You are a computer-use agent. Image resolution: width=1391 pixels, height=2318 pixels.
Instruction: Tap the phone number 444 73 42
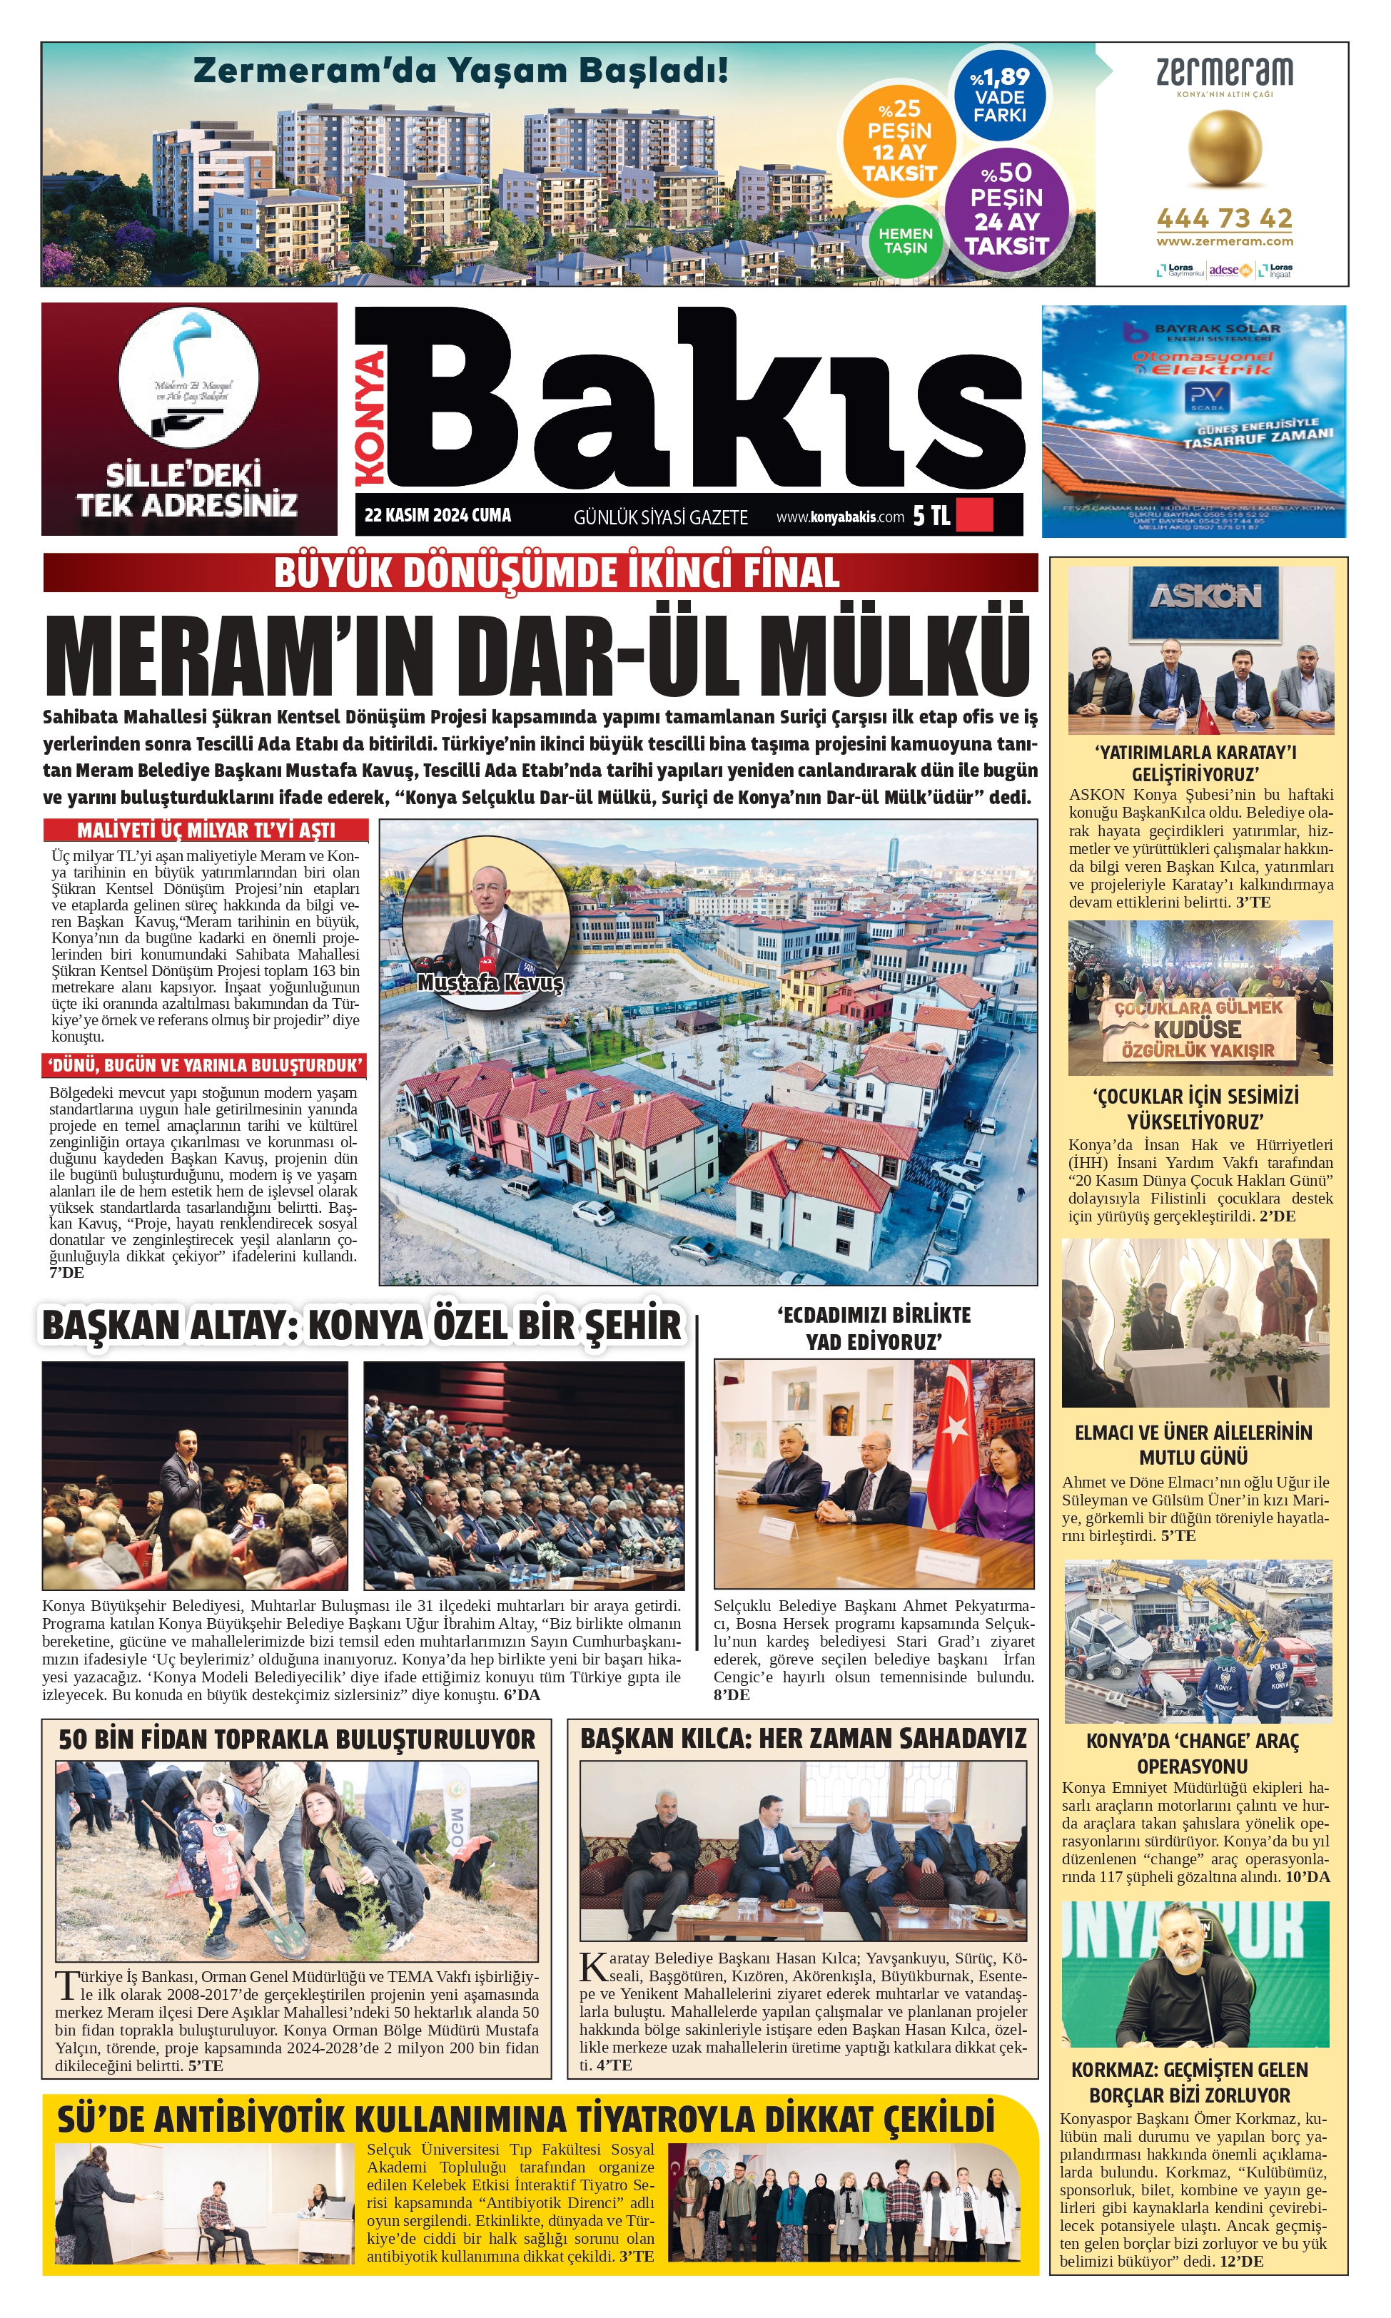(x=1224, y=218)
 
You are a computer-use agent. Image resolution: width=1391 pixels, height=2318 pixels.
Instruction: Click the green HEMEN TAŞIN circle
(x=906, y=241)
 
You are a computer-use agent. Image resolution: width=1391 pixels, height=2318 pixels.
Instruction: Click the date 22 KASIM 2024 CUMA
(x=437, y=515)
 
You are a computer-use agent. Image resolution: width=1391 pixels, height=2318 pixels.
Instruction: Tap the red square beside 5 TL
(x=973, y=515)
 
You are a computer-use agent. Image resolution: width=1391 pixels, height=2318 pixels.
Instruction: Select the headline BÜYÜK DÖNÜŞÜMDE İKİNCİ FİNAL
(x=557, y=572)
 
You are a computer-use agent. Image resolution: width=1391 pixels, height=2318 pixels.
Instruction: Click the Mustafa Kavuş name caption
(x=490, y=983)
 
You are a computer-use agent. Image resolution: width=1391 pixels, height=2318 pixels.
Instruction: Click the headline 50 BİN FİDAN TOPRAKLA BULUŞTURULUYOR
(x=297, y=1740)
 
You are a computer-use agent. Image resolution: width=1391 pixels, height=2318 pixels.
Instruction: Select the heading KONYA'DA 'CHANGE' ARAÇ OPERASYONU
(x=1193, y=1753)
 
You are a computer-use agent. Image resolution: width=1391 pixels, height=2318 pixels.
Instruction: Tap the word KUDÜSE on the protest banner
(x=1197, y=1029)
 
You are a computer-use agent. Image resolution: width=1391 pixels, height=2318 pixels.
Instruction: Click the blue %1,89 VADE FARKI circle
(x=999, y=96)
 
